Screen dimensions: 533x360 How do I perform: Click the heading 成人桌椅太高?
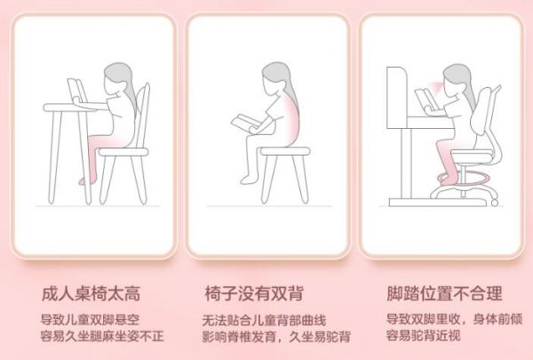click(x=91, y=293)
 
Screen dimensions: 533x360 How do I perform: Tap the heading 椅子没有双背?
click(x=254, y=293)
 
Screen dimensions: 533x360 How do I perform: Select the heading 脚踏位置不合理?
click(x=445, y=293)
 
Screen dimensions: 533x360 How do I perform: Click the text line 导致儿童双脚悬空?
click(x=90, y=319)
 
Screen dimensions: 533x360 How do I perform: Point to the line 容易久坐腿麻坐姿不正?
click(x=102, y=336)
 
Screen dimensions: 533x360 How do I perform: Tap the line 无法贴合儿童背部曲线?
click(x=264, y=320)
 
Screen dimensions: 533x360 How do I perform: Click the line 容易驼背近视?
click(x=423, y=335)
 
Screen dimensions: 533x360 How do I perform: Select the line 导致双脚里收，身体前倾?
click(x=454, y=319)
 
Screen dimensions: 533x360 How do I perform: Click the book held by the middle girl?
click(x=245, y=123)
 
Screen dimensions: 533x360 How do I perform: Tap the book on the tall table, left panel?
click(x=76, y=91)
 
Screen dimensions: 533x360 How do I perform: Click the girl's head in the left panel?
click(x=117, y=78)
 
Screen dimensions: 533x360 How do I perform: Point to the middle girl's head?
click(x=275, y=77)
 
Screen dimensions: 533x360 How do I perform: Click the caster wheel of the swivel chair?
click(x=495, y=202)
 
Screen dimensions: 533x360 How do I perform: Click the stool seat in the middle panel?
click(x=285, y=151)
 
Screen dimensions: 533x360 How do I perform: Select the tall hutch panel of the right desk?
click(x=397, y=97)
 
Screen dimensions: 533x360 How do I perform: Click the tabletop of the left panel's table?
click(x=69, y=108)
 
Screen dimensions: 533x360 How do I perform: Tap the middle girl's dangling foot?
click(x=249, y=179)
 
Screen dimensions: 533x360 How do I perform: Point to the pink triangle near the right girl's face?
click(x=436, y=86)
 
